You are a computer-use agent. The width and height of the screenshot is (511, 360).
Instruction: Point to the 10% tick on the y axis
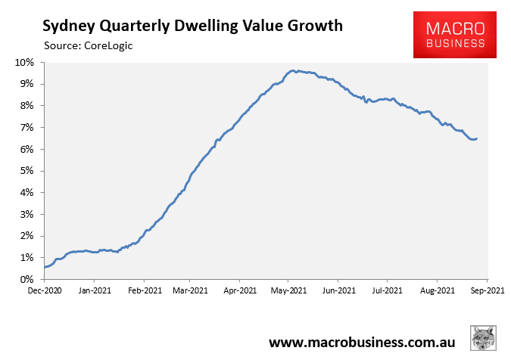(x=23, y=62)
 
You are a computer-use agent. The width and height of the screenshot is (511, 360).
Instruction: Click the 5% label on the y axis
(x=26, y=171)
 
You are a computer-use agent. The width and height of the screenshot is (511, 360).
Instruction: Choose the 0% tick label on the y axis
(x=26, y=280)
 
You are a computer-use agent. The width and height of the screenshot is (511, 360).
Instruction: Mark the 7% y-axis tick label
(x=26, y=127)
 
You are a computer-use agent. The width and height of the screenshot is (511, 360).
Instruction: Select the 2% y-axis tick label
(x=26, y=236)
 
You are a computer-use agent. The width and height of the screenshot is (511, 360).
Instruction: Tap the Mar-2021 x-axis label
(x=189, y=290)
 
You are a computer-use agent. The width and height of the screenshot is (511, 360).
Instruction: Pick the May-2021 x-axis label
(x=288, y=290)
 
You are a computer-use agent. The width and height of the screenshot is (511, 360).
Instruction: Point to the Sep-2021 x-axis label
(x=487, y=290)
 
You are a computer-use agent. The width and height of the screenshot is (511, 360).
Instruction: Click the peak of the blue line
(x=293, y=70)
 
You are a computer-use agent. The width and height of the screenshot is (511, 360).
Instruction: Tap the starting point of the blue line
(x=44, y=267)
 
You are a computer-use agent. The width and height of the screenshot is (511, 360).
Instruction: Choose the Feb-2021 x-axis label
(x=144, y=290)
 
